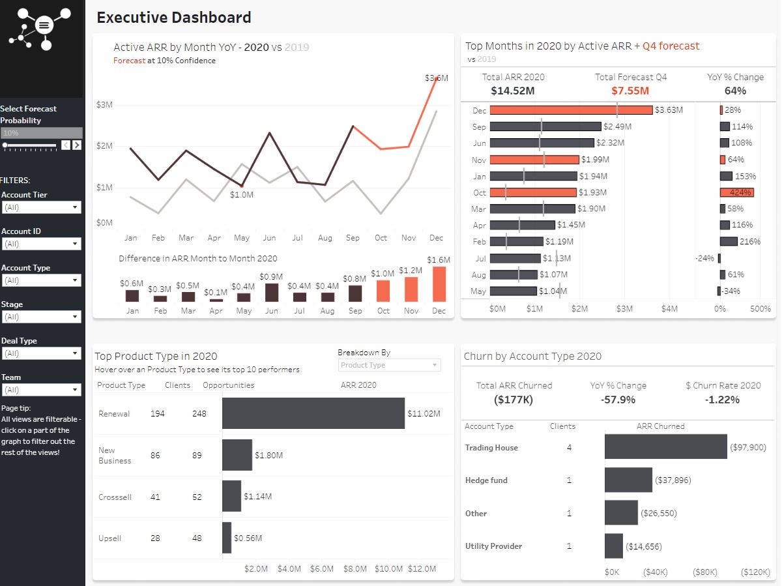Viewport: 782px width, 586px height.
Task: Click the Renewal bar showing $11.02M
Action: [x=313, y=413]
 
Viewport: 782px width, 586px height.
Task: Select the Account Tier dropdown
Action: [x=41, y=207]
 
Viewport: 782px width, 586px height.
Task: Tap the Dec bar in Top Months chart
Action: [x=571, y=110]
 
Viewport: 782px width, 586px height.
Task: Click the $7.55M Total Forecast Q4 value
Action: [x=630, y=91]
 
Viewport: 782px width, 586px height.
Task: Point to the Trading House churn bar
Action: [x=665, y=447]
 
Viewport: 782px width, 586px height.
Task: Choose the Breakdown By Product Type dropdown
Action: [x=389, y=365]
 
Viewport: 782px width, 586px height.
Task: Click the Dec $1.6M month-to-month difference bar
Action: [x=439, y=284]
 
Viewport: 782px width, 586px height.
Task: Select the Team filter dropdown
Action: [x=41, y=390]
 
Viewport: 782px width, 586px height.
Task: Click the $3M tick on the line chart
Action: [x=104, y=104]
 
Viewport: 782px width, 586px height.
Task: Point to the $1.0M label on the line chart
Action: [x=242, y=195]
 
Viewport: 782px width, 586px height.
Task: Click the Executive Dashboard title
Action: [x=174, y=18]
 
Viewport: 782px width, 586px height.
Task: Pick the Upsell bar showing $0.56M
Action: [x=227, y=538]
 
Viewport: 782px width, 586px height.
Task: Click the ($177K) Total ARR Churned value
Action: [x=514, y=400]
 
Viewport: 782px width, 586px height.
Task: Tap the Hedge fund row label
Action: [x=486, y=480]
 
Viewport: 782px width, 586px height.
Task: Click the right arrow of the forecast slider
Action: [x=77, y=145]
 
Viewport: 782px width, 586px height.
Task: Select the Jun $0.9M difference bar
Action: [x=272, y=293]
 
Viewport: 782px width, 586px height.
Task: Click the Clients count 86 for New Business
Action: [x=155, y=455]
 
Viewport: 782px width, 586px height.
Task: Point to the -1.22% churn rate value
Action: [x=723, y=400]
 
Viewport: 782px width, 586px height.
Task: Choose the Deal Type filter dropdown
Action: [x=41, y=353]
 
